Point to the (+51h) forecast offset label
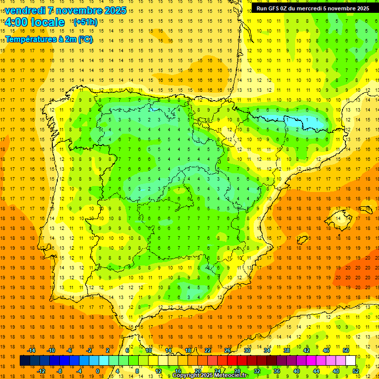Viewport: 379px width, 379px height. [x=85, y=22]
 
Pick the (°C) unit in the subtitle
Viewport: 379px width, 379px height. [x=85, y=39]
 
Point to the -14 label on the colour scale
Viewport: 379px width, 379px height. [x=31, y=350]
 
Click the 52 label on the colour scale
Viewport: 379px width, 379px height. [x=356, y=371]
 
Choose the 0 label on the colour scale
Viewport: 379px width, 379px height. [x=97, y=371]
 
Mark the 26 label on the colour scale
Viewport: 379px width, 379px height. [x=227, y=350]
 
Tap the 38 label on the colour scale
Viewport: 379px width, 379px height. [x=287, y=350]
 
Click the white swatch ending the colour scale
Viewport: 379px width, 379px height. [x=350, y=361]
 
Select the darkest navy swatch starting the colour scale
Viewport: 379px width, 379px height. [x=25, y=361]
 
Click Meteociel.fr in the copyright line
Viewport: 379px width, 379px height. [x=227, y=376]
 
